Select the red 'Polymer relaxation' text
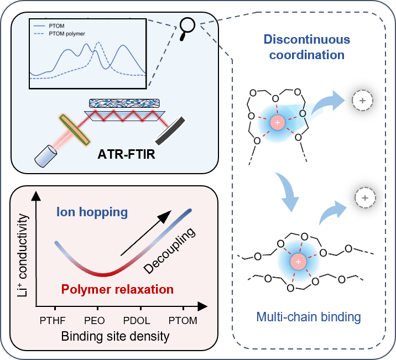117,289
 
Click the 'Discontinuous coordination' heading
304,48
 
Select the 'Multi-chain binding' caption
309,317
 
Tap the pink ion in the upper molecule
279,122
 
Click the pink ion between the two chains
298,260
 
